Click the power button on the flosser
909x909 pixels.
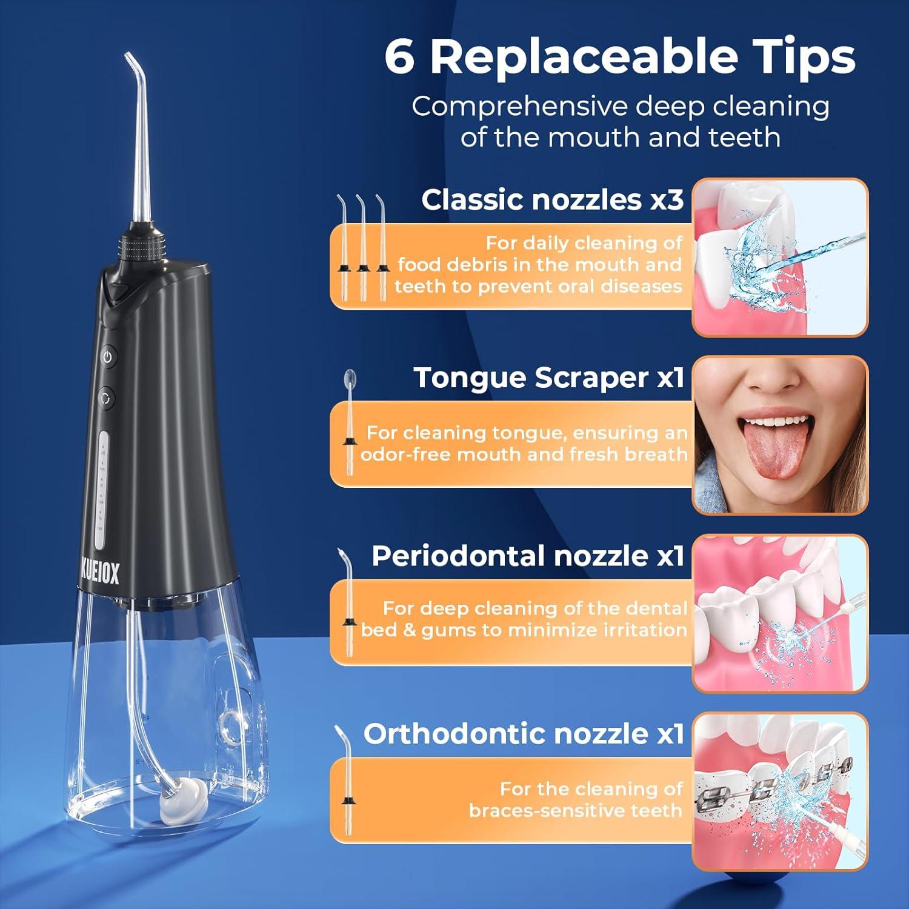pos(107,356)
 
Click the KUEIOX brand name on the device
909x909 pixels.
pos(99,572)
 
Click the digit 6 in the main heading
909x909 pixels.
pos(400,58)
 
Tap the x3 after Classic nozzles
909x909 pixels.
pos(667,199)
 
